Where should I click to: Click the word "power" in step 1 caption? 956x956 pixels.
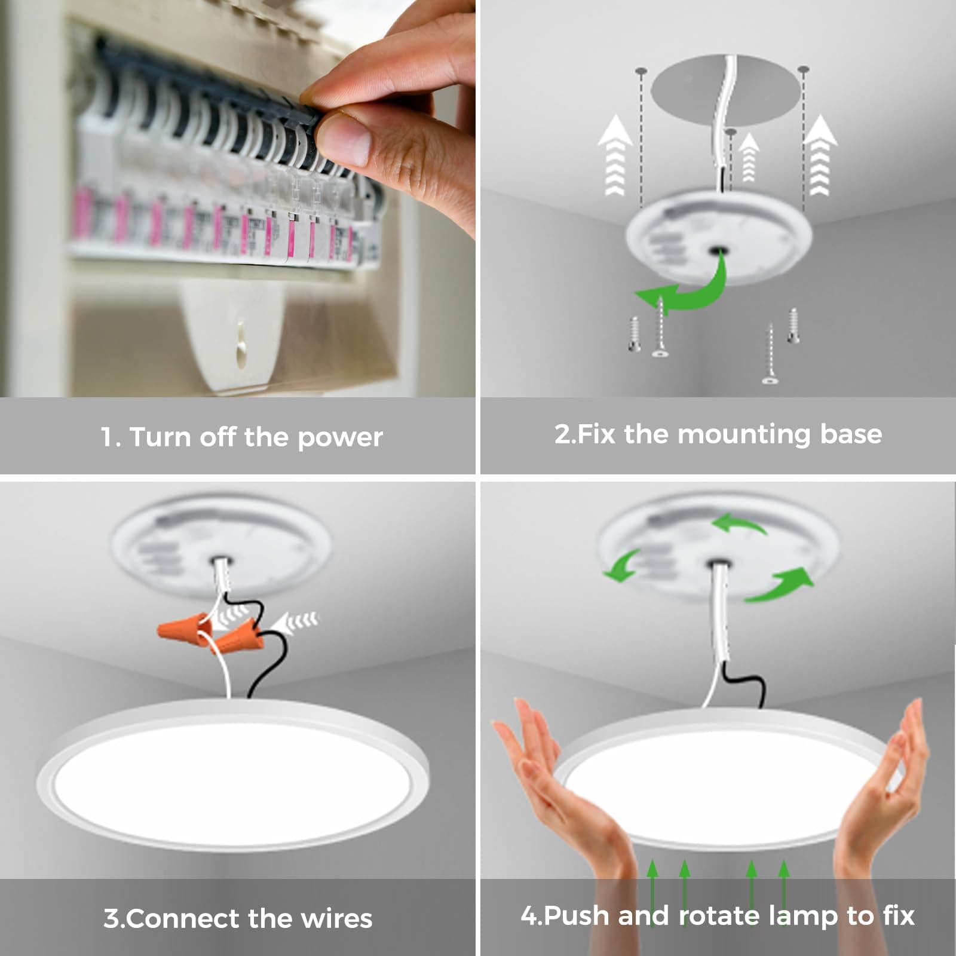[339, 438]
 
